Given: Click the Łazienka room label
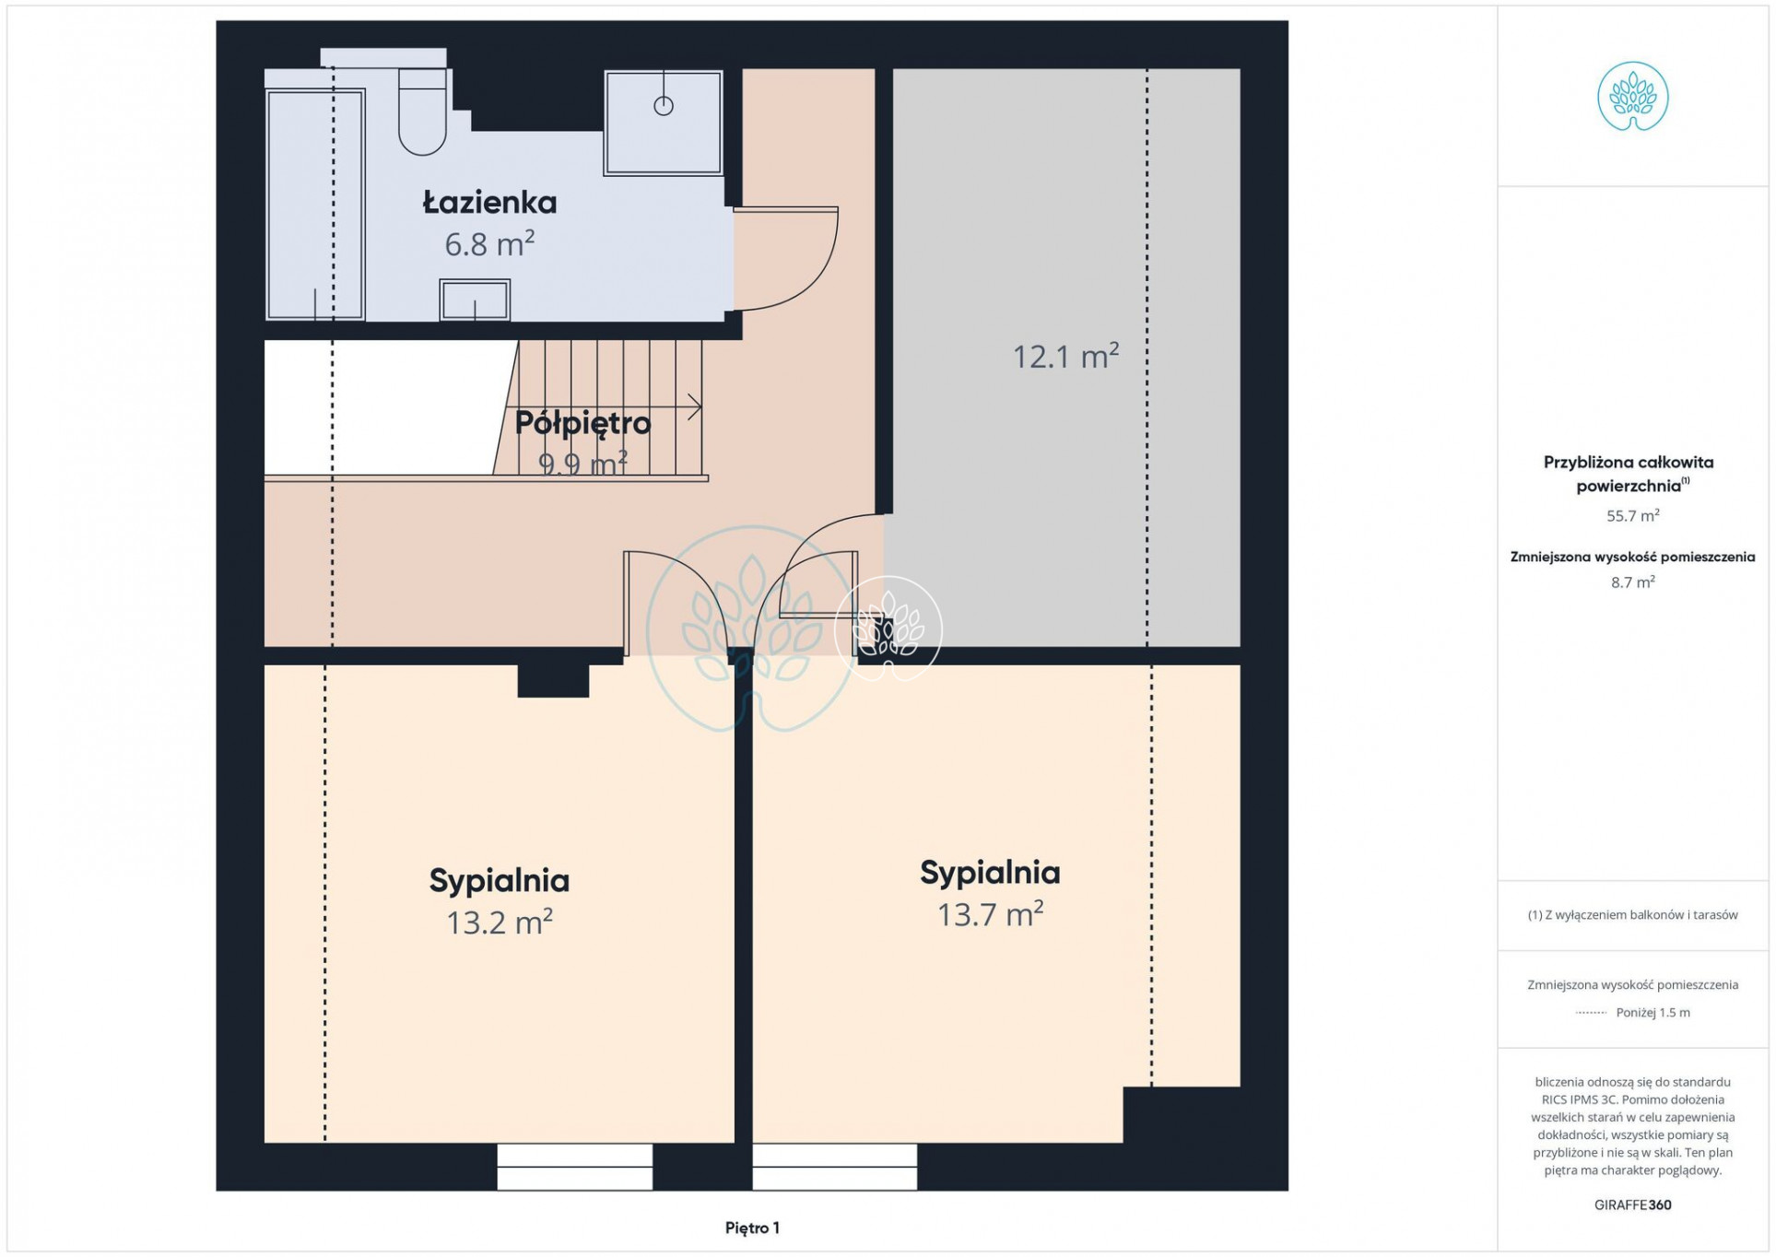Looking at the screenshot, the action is coord(489,202).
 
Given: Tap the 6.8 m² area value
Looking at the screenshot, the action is coord(489,243).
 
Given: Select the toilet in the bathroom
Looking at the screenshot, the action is coord(422,112).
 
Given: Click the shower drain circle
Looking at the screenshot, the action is coord(664,106).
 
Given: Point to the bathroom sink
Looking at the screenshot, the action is coord(475,300).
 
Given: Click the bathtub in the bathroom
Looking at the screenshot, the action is coord(315,204).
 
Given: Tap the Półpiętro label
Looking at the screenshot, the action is coord(582,423).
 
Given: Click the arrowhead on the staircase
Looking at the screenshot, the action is coord(695,406).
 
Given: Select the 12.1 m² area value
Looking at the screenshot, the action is coord(1065,356).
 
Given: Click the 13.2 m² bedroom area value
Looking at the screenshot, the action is coord(500,922).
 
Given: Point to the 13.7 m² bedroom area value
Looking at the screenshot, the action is coord(990,914).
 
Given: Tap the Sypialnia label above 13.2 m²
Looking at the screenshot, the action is coord(500,880).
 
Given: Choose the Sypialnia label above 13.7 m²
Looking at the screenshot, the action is coord(990,873).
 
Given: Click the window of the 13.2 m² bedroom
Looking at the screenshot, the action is coord(575,1167).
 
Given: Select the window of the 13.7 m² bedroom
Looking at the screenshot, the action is coord(835,1167).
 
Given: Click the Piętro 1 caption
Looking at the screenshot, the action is coord(752,1228).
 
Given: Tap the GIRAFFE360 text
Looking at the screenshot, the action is coord(1632,1204).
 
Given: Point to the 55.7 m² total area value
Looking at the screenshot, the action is coord(1632,515).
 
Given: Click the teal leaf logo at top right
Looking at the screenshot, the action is coord(1632,97).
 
